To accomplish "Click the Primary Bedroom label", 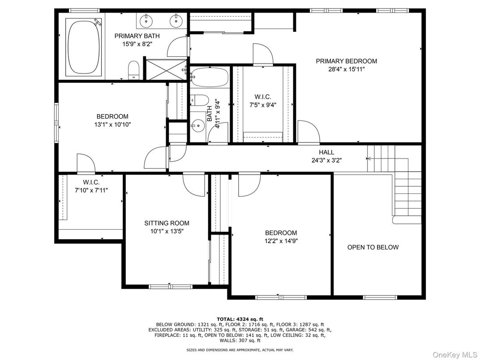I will click(346, 61).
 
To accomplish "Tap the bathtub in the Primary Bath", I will click(84, 47).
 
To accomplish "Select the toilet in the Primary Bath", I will click(134, 71).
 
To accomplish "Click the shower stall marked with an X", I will click(164, 69).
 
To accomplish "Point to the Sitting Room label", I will click(167, 223).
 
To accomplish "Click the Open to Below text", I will click(373, 247).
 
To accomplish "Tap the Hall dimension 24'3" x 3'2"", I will click(326, 160).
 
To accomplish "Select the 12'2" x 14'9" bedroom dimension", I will click(281, 240).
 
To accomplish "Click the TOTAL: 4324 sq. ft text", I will click(240, 319).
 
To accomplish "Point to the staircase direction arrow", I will click(369, 158).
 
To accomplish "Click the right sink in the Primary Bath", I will click(176, 20).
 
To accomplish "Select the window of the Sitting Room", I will click(170, 286).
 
